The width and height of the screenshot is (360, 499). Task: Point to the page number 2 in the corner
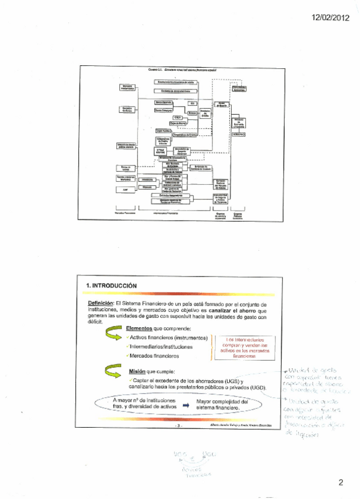tap(341, 483)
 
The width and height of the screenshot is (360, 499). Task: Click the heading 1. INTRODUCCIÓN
tap(112, 285)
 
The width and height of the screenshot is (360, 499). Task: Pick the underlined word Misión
tap(137, 372)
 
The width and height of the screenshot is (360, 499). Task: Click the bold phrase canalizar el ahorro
tap(232, 309)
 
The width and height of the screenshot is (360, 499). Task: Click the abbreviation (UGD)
tap(256, 387)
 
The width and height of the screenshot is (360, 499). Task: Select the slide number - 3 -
tap(179, 424)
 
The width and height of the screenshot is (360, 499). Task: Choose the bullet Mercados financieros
tap(154, 356)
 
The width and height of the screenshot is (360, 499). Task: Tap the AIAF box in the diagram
tap(125, 189)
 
